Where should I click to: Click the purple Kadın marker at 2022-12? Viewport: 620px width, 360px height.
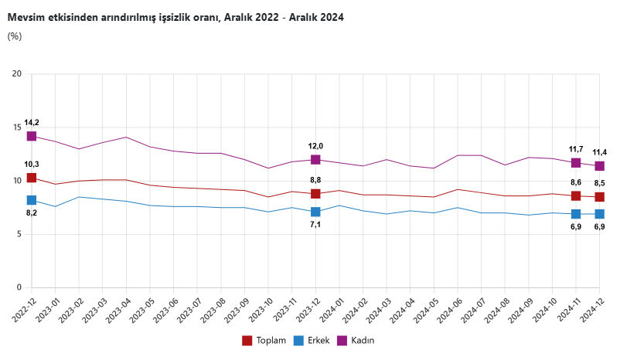tap(32, 136)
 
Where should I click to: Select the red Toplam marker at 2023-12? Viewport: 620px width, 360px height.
tap(315, 194)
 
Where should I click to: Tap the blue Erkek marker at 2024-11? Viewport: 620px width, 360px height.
tap(576, 214)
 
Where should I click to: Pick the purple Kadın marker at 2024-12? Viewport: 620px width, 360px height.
tap(599, 166)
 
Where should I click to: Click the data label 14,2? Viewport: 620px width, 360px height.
tap(32, 122)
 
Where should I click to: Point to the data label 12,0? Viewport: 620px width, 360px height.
tap(315, 146)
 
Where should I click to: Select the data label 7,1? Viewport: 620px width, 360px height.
tap(315, 225)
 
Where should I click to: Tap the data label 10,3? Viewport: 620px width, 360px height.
tap(32, 164)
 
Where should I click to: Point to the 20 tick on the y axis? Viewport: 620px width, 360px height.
tap(16, 74)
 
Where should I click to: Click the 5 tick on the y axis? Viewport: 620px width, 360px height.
tap(19, 235)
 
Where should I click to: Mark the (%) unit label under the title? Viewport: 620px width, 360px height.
tap(15, 36)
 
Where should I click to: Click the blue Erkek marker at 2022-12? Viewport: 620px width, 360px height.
tap(32, 200)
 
